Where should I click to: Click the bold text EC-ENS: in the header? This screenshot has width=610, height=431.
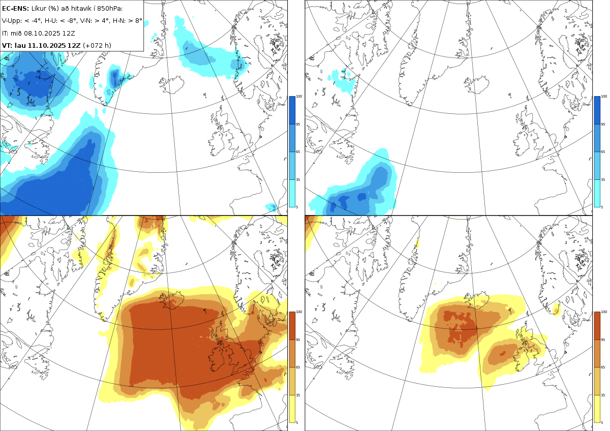[x=15, y=9]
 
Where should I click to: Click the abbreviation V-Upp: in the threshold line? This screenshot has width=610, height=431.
[x=12, y=21]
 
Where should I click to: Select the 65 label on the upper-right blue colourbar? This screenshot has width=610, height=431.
[x=604, y=152]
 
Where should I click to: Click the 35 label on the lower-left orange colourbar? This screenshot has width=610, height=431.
[x=299, y=395]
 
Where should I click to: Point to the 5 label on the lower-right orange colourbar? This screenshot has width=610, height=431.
[x=603, y=422]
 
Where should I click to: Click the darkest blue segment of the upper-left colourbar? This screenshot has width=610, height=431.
[x=292, y=110]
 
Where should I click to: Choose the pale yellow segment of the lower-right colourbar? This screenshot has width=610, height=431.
[x=597, y=408]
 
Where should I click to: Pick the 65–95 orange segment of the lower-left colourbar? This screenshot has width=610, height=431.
[x=292, y=353]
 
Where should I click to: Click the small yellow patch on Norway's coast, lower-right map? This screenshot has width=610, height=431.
[x=556, y=308]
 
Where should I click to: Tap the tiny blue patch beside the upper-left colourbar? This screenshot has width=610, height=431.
[x=272, y=207]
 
